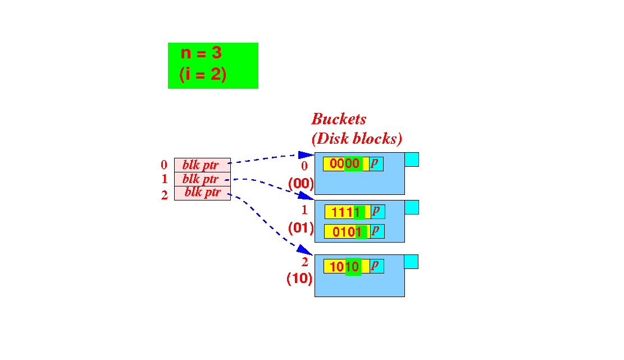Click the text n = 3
201,53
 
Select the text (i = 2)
203,74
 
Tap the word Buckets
339,119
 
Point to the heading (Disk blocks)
357,138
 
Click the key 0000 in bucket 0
345,163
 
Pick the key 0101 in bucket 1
347,231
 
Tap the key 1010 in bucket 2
344,267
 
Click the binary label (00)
301,184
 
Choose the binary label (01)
301,228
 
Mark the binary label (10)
299,279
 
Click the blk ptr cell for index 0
202,165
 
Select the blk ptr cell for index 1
202,179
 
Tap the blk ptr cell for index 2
202,193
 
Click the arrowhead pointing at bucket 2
305,250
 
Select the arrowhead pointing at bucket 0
306,155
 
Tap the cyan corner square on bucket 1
412,207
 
